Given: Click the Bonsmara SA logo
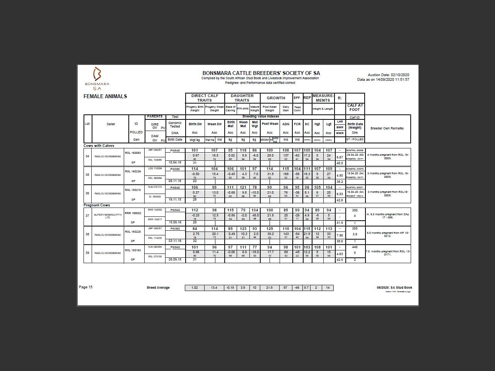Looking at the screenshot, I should [x=97, y=78].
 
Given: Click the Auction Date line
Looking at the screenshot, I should [x=388, y=75].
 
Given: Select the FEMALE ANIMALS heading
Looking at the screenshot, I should [x=105, y=96].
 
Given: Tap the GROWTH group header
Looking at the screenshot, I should [x=276, y=98].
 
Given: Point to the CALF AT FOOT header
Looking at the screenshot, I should [x=355, y=107].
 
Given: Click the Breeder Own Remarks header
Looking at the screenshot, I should [x=387, y=128].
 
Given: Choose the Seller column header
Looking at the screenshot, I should [x=111, y=124].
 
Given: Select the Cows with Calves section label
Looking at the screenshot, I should [x=99, y=146].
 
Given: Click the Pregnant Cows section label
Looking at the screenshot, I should [x=97, y=205].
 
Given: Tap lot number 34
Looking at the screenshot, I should [x=87, y=156].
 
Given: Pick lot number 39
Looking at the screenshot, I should [x=87, y=253].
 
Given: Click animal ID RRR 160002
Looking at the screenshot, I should [x=133, y=213].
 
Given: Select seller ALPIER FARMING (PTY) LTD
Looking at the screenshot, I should [x=108, y=216].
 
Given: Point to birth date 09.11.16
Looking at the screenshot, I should [x=175, y=181].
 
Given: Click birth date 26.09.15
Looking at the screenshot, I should [x=175, y=259].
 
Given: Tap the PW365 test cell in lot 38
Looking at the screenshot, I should [x=175, y=228].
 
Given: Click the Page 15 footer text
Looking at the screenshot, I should [x=86, y=287].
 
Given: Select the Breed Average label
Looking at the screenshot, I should [x=158, y=288].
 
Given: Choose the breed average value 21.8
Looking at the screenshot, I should [x=269, y=288].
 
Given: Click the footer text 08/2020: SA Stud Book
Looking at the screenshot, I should [x=394, y=288].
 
